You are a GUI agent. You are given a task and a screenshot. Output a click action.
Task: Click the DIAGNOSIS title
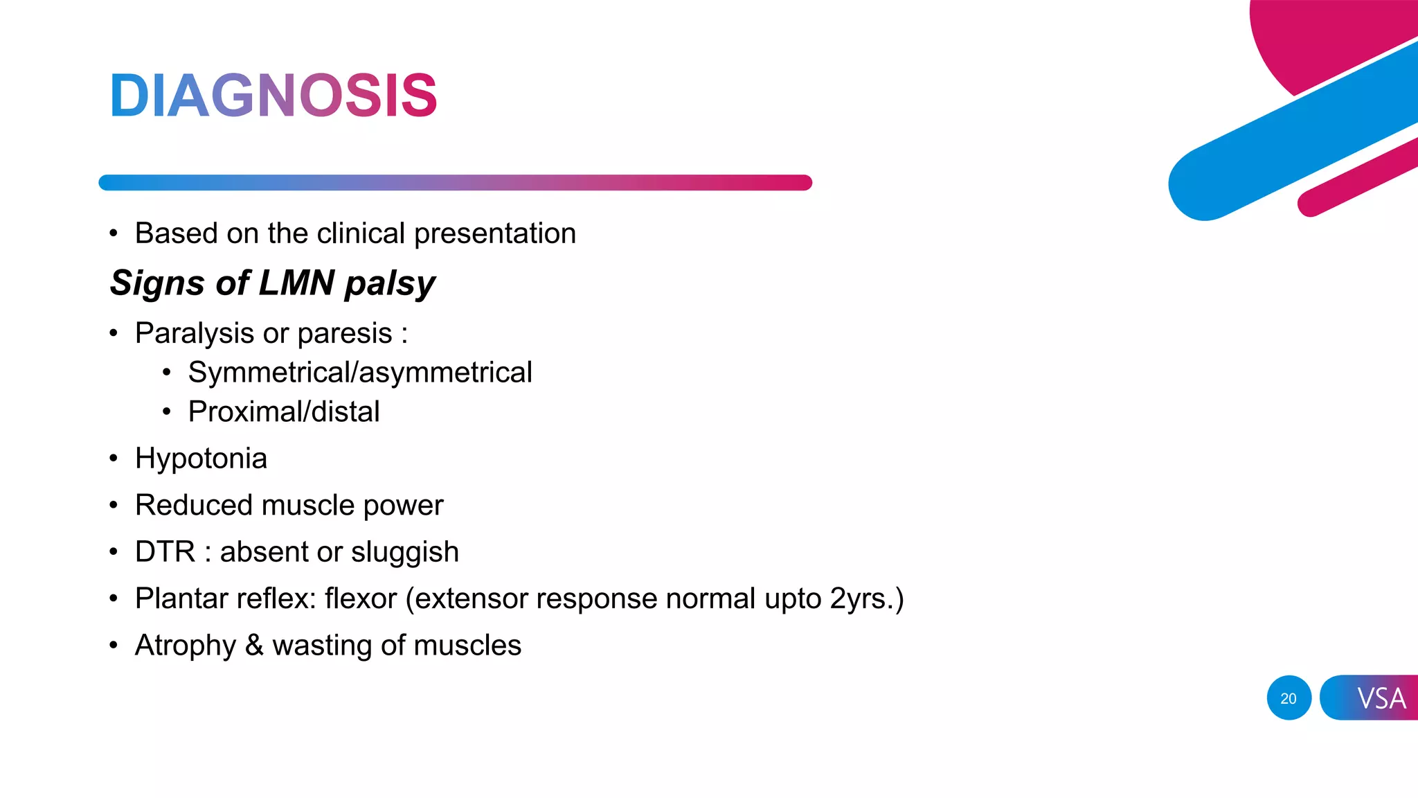click(273, 96)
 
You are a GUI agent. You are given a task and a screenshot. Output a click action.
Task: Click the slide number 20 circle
click(1289, 698)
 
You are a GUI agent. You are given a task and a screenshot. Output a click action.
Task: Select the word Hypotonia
click(201, 459)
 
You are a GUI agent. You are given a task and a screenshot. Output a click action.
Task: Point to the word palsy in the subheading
click(390, 284)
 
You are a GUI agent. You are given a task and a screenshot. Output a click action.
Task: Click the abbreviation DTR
click(165, 552)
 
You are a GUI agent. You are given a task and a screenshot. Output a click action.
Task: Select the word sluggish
click(404, 553)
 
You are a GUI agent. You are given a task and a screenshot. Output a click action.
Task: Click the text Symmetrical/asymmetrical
click(360, 373)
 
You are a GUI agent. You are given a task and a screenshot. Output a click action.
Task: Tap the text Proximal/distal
click(284, 412)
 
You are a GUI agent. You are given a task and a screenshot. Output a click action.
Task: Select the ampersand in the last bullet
click(254, 645)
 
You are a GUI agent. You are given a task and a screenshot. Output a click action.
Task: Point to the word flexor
click(361, 598)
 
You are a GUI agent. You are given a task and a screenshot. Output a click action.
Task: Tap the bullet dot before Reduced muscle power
click(114, 506)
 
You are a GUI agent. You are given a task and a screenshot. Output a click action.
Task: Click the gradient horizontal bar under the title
click(455, 182)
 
